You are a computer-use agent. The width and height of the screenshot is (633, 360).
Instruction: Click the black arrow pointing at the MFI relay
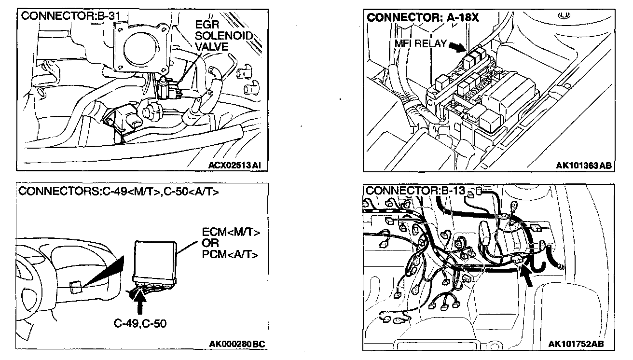(456, 46)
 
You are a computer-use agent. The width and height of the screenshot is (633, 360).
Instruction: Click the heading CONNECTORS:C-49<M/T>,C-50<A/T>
(119, 192)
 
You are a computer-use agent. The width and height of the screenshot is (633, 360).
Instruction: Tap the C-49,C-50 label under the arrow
(141, 323)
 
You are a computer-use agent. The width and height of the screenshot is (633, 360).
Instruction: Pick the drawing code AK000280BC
(238, 344)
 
